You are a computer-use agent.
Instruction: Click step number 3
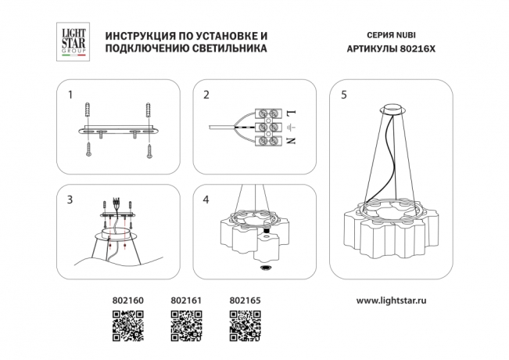[70, 200]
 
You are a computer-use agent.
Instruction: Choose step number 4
[206, 200]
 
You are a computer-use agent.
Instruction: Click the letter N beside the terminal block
[291, 141]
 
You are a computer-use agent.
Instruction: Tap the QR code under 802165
[243, 324]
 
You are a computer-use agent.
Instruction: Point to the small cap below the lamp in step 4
[265, 267]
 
